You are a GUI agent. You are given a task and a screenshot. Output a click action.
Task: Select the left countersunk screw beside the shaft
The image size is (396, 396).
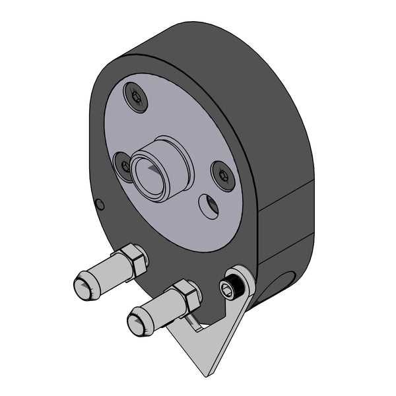pos(124,166)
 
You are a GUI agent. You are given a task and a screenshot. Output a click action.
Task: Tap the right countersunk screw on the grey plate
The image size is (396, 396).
pos(223,176)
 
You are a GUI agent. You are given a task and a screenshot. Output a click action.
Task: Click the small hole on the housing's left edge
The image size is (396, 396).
pos(100,204)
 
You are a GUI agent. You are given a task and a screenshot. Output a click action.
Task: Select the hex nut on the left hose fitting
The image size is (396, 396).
pos(135,259)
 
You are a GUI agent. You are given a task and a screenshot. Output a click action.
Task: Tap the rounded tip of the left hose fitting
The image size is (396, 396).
pos(82,288)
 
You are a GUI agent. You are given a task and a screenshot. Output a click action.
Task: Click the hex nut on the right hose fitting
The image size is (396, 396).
pos(187,296)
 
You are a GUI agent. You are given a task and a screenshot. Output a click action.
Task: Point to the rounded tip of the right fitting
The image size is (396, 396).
pos(137,325)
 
